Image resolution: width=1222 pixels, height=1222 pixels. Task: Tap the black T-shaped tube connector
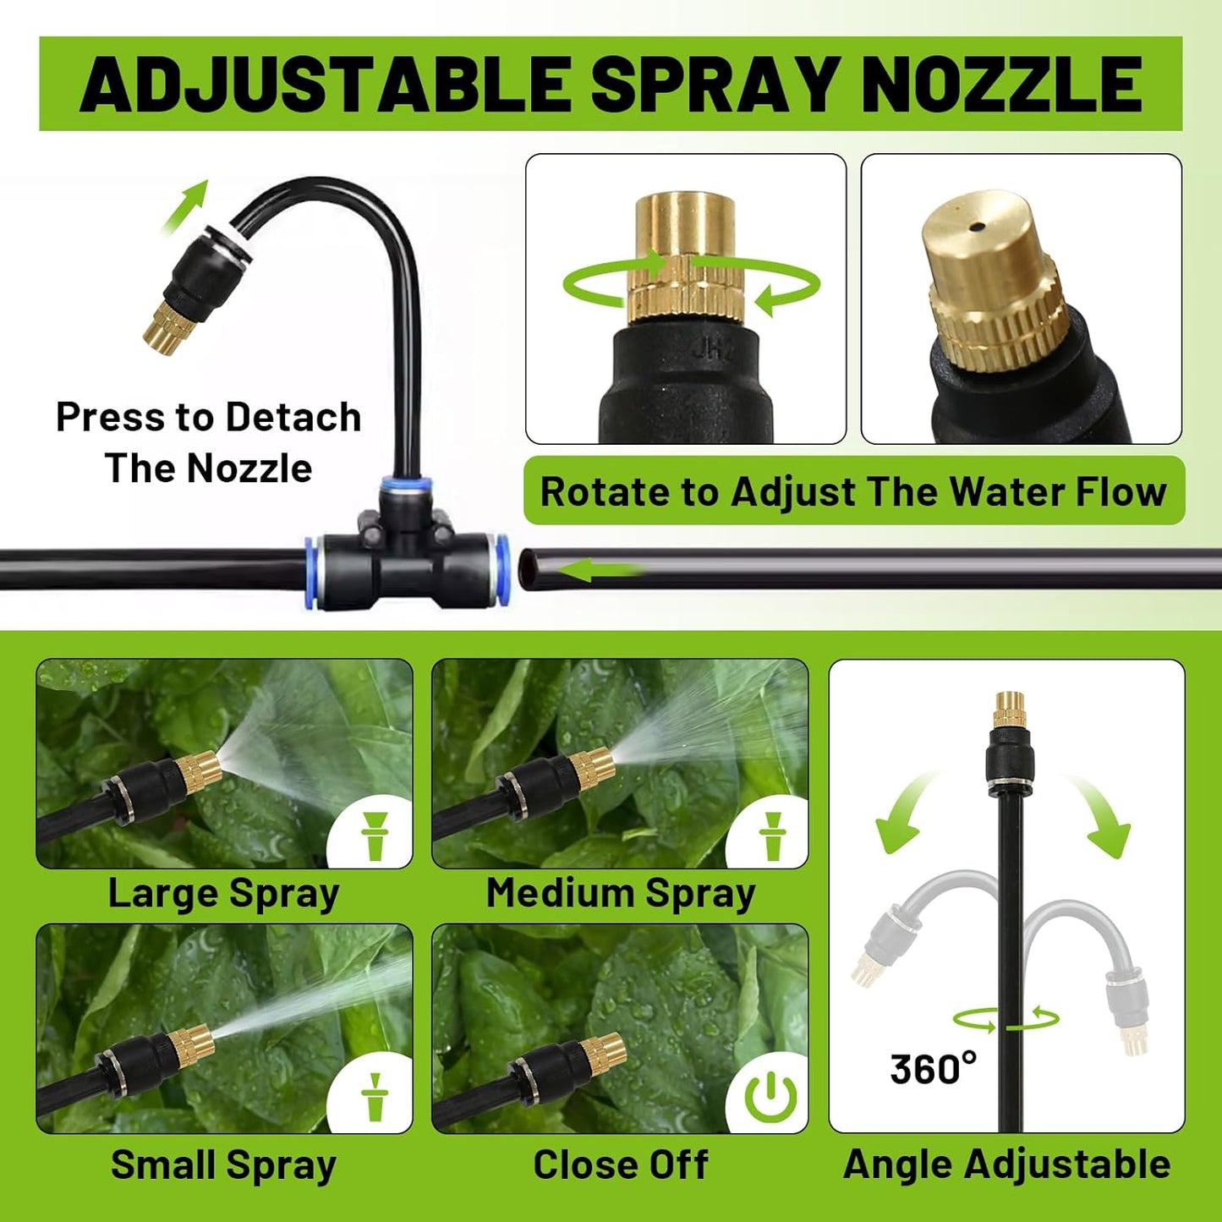click(x=406, y=558)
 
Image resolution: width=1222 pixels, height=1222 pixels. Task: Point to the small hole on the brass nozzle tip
click(x=978, y=227)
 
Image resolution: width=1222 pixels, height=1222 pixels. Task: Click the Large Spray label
click(x=223, y=894)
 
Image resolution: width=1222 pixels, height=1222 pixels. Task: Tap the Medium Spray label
click(x=620, y=894)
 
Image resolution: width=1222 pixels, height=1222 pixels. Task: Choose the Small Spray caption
click(x=223, y=1165)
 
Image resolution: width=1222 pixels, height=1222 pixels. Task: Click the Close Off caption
click(x=620, y=1165)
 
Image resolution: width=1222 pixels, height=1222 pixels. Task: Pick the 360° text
click(x=932, y=1070)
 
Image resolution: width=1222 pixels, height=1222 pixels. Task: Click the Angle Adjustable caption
click(x=1006, y=1165)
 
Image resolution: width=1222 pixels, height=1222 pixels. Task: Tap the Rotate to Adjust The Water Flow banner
click(x=852, y=492)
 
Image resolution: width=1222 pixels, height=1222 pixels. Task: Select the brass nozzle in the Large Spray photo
click(x=197, y=771)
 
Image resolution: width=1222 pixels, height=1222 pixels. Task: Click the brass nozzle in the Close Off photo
click(x=602, y=1053)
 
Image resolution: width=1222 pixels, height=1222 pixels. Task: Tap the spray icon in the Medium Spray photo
click(x=771, y=836)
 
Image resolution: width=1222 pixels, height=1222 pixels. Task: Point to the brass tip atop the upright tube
click(x=1009, y=708)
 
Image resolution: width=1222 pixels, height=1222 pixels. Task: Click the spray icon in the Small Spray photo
click(x=374, y=1098)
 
